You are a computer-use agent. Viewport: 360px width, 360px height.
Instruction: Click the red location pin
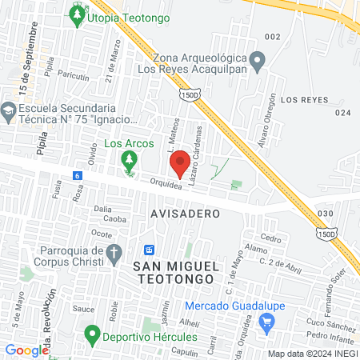(x=180, y=162)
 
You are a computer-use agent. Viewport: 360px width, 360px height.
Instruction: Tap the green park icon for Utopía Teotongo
(x=77, y=15)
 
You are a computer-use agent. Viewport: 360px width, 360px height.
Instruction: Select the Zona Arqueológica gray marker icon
(x=258, y=60)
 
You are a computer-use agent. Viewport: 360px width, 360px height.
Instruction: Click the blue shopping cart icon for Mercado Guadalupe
(x=268, y=322)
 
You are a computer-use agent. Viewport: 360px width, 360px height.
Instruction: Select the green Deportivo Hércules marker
(x=93, y=336)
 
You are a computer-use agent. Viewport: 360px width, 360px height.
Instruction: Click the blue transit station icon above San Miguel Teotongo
(x=149, y=250)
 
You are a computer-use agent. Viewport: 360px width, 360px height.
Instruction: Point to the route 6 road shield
(x=77, y=175)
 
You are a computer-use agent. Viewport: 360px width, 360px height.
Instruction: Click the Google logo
(x=26, y=350)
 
